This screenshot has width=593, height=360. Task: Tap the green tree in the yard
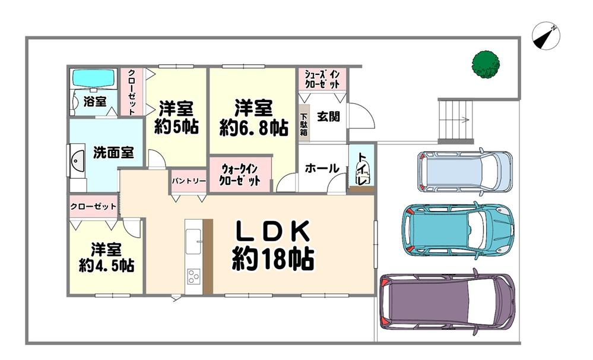(486, 65)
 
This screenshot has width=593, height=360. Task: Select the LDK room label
(272, 231)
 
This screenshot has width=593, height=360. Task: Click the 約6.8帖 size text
(254, 128)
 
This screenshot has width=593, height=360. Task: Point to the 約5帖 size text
(176, 127)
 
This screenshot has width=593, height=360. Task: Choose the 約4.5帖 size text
(106, 266)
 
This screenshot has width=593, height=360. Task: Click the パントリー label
(189, 181)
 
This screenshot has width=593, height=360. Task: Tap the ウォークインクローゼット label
(240, 174)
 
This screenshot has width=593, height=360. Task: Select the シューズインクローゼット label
(322, 79)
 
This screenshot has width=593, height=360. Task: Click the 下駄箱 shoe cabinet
(304, 123)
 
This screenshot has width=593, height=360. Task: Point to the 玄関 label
(328, 116)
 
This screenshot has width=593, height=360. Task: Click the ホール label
(322, 168)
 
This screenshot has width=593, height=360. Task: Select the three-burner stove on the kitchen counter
(194, 276)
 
